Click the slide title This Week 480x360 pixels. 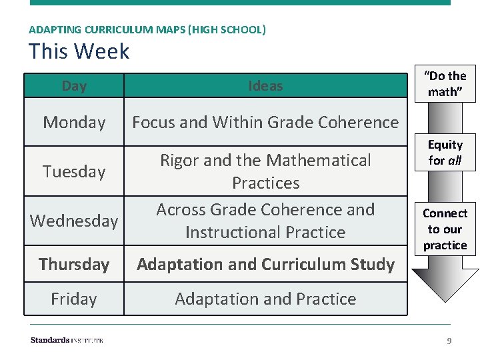coord(79,51)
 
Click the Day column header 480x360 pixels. coord(74,86)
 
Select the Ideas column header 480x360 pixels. coord(265,86)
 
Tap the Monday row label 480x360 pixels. coord(74,123)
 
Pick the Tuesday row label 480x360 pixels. coord(74,171)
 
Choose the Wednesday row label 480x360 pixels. coord(74,221)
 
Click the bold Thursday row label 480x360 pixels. coord(74,265)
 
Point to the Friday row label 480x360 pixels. coord(74,299)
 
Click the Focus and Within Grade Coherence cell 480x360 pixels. coord(265,123)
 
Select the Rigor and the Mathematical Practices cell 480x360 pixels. coord(265,171)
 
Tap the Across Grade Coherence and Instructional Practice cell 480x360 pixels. coord(265,221)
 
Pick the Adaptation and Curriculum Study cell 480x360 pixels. coord(265,265)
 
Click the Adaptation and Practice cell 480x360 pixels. coord(265,299)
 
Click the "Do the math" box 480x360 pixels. coord(445,84)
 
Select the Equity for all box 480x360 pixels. coord(445,153)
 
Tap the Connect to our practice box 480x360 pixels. coord(445,229)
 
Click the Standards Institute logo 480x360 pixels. coord(67,340)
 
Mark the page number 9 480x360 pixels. coord(449,341)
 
